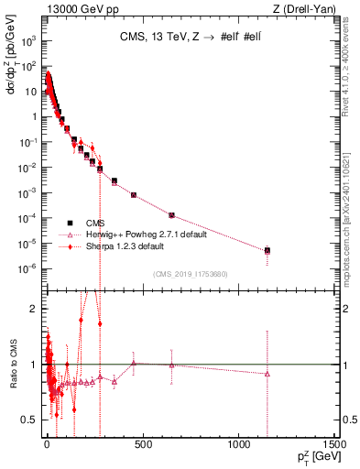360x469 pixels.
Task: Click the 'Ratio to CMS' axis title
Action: coord(14,378)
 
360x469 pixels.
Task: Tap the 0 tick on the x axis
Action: coord(47,450)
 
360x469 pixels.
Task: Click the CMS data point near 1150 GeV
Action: coord(267,250)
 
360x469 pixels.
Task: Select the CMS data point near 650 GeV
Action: coord(171,215)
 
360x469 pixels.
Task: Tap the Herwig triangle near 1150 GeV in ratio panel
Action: coord(267,374)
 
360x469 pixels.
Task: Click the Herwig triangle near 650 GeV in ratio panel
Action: coord(171,365)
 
